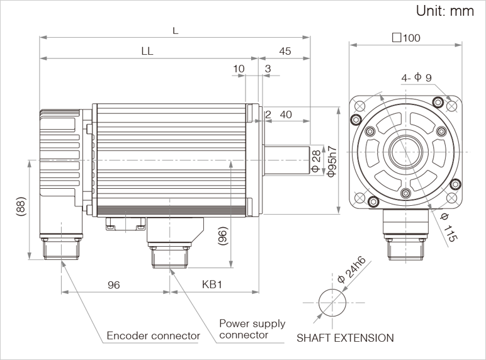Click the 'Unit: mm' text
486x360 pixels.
(x=444, y=11)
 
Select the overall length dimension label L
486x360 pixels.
(x=175, y=30)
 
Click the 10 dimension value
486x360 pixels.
(x=239, y=68)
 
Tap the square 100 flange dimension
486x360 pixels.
(x=406, y=37)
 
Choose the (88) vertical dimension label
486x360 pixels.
(x=20, y=208)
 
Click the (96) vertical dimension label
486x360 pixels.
(x=222, y=236)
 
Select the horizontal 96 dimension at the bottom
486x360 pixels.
(x=113, y=284)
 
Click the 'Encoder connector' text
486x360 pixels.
(x=153, y=335)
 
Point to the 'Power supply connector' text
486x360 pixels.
(x=252, y=329)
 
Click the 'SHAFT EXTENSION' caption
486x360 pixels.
(x=345, y=338)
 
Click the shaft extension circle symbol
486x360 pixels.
(x=332, y=303)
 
